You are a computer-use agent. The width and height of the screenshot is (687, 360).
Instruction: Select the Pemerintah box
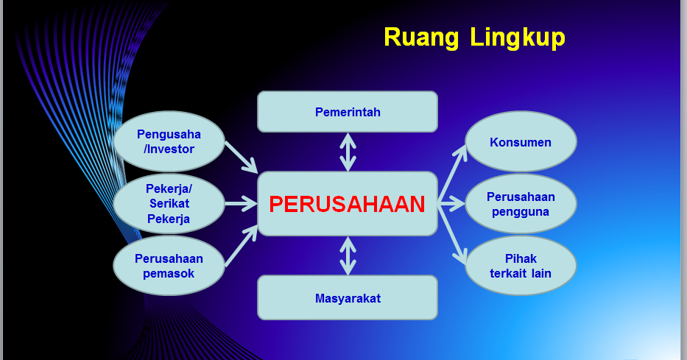pyautogui.click(x=348, y=112)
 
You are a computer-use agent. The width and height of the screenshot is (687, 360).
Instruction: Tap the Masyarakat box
pyautogui.click(x=348, y=298)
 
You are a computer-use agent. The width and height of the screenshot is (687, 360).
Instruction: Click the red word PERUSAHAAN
pyautogui.click(x=347, y=204)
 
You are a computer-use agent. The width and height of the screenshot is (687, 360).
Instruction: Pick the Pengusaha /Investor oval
pyautogui.click(x=169, y=141)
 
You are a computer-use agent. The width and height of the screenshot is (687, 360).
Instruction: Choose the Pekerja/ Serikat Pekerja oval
pyautogui.click(x=169, y=203)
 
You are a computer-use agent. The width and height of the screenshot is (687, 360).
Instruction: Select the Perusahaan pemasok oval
pyautogui.click(x=169, y=266)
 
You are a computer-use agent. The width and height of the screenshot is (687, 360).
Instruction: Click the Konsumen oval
pyautogui.click(x=521, y=142)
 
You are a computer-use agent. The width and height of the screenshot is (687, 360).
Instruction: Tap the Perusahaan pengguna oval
pyautogui.click(x=521, y=204)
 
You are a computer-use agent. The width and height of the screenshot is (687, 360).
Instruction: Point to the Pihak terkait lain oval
pyautogui.click(x=521, y=266)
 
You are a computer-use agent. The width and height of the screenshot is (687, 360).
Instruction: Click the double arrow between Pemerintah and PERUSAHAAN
pyautogui.click(x=348, y=152)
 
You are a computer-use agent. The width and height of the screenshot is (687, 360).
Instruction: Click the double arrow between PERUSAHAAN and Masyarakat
pyautogui.click(x=348, y=255)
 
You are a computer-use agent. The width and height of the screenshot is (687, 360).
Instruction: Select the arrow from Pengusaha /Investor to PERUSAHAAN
pyautogui.click(x=240, y=155)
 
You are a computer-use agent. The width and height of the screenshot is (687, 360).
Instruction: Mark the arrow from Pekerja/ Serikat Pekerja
pyautogui.click(x=240, y=203)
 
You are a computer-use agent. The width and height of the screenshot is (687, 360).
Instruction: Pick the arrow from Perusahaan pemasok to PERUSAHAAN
pyautogui.click(x=241, y=245)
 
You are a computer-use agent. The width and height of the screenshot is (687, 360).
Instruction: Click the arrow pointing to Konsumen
pyautogui.click(x=453, y=172)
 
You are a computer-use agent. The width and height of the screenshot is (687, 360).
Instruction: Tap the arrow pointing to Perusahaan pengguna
pyautogui.click(x=451, y=204)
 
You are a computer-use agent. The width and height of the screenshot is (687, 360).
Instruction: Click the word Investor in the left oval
pyautogui.click(x=172, y=149)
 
